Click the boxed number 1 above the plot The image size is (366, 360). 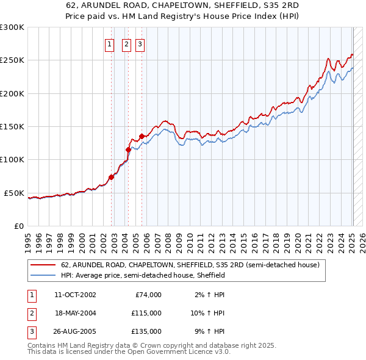point(109,43)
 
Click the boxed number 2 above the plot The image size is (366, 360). point(126,43)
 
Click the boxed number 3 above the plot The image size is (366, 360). point(140,43)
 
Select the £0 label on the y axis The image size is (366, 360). point(18,226)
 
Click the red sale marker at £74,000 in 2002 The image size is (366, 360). point(112,178)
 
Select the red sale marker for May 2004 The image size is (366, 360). point(129,149)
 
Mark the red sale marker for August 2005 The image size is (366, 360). point(142,136)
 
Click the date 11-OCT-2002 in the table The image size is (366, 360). point(75,295)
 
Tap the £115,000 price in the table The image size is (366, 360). point(146,313)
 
